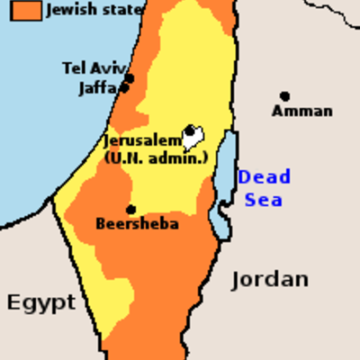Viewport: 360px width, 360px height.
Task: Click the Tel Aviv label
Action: (94, 68)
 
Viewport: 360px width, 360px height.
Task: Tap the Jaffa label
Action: (97, 88)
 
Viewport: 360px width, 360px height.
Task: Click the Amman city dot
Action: (284, 96)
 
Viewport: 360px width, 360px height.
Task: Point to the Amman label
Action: (302, 112)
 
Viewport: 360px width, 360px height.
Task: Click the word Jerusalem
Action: (142, 142)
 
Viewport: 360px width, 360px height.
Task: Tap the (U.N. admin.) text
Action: (155, 158)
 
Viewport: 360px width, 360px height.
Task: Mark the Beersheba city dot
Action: (130, 210)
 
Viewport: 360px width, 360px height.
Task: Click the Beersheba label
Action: (137, 224)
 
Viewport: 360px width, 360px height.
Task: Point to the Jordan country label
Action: (270, 279)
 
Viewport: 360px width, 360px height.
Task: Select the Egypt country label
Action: (41, 302)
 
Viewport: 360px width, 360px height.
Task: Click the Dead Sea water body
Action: (225, 171)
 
